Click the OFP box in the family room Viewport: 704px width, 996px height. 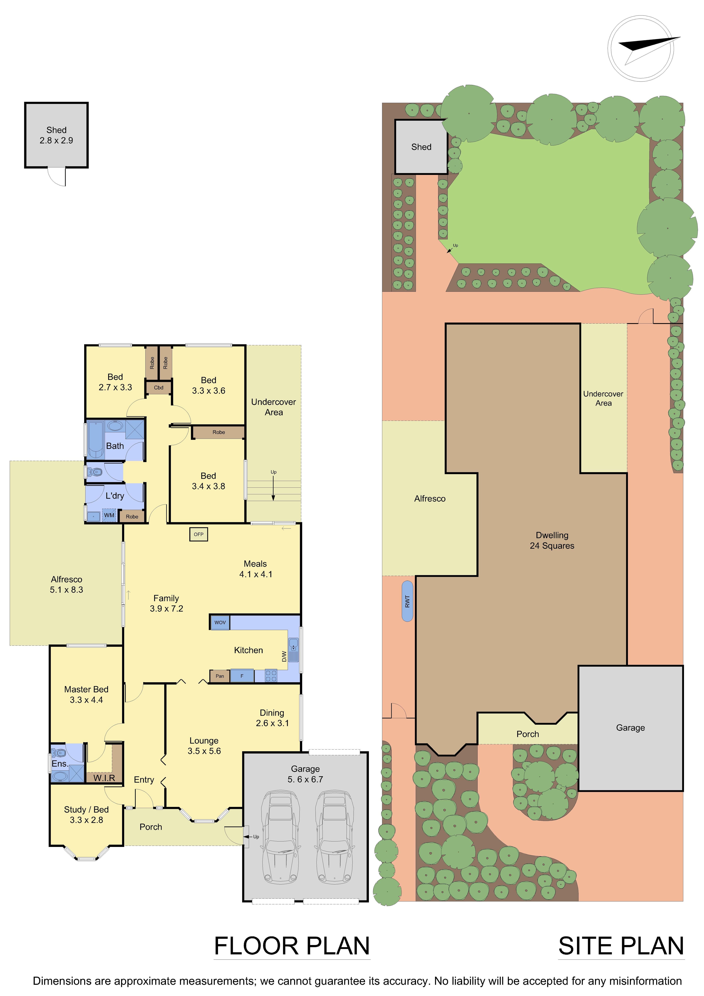point(199,534)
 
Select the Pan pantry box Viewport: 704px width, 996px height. point(220,676)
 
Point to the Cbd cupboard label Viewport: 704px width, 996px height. point(159,387)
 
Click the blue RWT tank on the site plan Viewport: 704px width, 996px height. point(407,601)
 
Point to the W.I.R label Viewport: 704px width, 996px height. point(104,778)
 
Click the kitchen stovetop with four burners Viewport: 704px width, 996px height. point(271,676)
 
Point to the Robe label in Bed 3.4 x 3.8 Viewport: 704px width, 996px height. point(219,432)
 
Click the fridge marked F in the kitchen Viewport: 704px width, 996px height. point(242,676)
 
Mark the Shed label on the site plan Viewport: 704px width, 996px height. point(421,147)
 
